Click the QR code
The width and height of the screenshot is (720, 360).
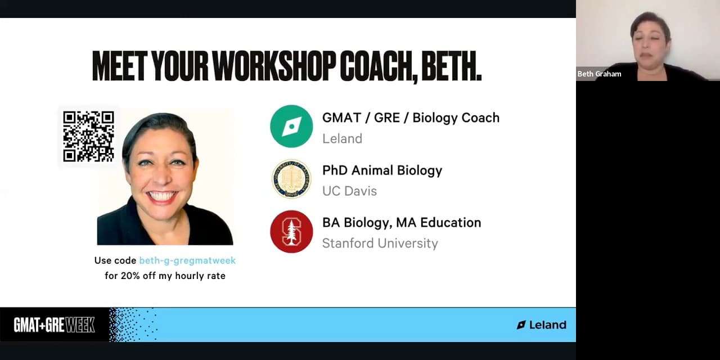88,136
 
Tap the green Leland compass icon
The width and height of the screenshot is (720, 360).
291,127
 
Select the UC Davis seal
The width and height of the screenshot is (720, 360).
291,179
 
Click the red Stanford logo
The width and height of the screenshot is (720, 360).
291,231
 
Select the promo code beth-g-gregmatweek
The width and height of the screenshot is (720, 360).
187,260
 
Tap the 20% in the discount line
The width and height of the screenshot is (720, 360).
130,276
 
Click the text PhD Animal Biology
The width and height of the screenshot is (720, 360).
382,170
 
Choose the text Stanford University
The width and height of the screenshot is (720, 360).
380,244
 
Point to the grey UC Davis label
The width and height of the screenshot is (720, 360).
349,191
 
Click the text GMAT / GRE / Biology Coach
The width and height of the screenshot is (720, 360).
411,118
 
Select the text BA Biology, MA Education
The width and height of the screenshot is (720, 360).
402,223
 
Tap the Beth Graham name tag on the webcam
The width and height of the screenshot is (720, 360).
599,74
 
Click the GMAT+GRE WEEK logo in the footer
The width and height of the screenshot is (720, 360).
54,325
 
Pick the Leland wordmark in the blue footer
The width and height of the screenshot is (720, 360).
541,325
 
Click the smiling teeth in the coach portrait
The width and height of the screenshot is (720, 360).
161,196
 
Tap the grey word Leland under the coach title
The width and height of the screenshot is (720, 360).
342,138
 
